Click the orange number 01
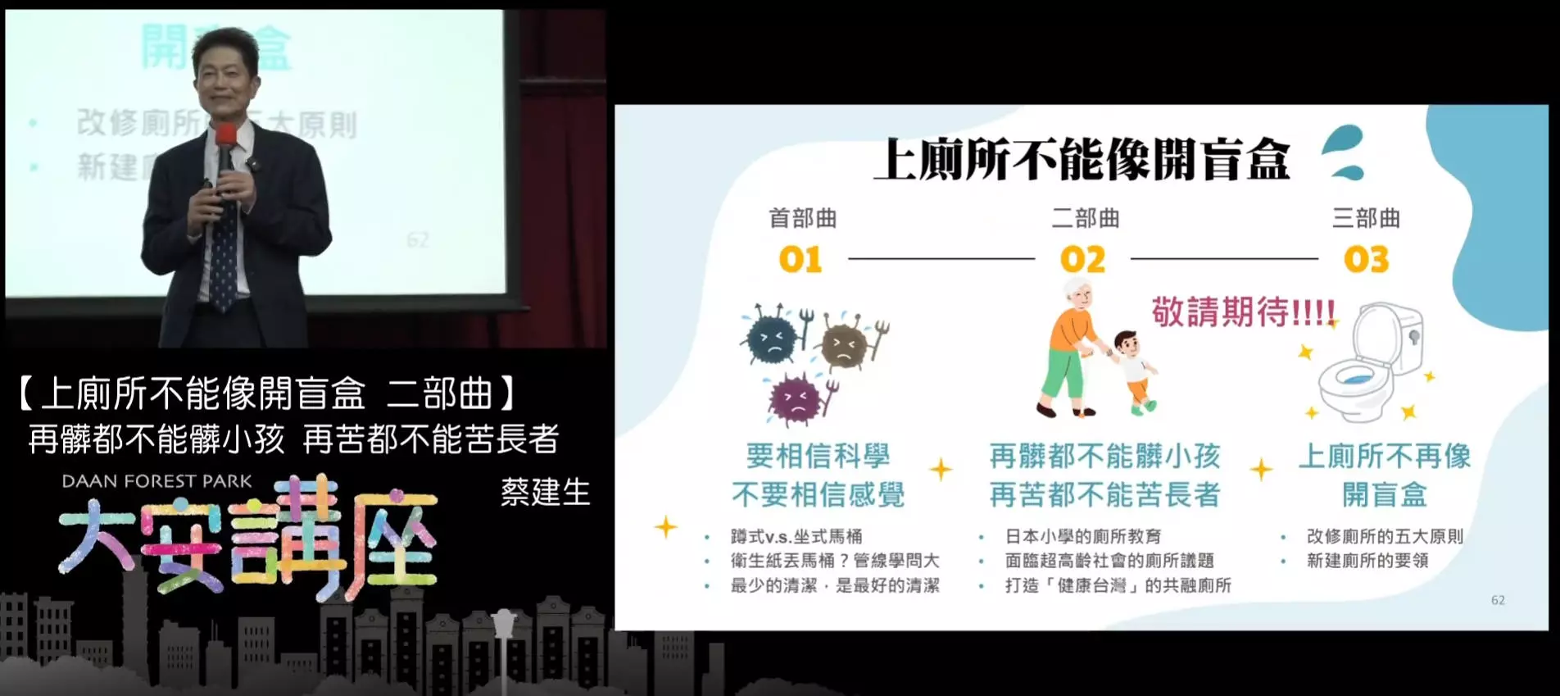tap(800, 260)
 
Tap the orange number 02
tap(1082, 260)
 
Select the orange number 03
tap(1366, 260)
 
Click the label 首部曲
tap(802, 218)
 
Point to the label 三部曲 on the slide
tap(1366, 218)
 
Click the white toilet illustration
tap(1367, 361)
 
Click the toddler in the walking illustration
tap(1134, 369)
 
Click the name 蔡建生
tap(545, 492)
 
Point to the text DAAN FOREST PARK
tap(157, 481)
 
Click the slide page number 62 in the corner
tap(1498, 600)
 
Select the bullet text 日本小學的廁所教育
tap(1083, 536)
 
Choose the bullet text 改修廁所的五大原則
tap(1384, 536)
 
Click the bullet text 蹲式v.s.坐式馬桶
tap(796, 536)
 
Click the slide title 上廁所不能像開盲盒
tap(1082, 159)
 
